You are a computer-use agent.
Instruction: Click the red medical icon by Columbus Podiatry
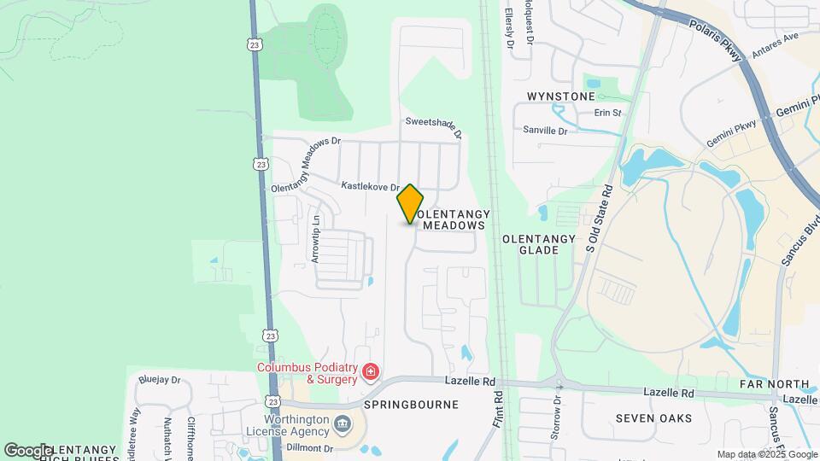click(370, 371)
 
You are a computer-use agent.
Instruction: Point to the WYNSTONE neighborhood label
click(560, 96)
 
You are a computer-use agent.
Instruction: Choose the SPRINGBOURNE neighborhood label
click(412, 404)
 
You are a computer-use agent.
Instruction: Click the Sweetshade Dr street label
click(434, 127)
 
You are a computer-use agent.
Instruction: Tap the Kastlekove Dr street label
click(371, 186)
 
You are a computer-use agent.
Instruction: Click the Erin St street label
click(606, 113)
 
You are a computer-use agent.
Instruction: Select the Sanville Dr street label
click(545, 131)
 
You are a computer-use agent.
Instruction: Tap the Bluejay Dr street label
click(159, 380)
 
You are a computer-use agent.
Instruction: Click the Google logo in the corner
click(27, 450)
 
